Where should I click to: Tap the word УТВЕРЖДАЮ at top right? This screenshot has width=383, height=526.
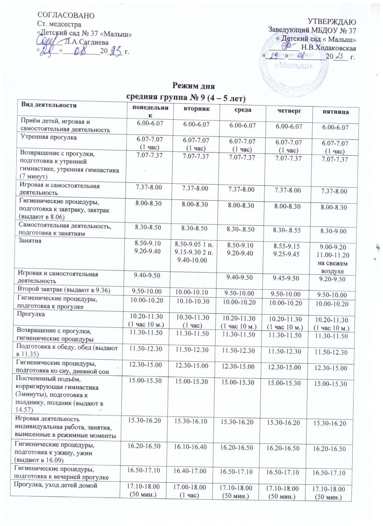331,21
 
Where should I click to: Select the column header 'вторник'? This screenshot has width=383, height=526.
195,107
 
